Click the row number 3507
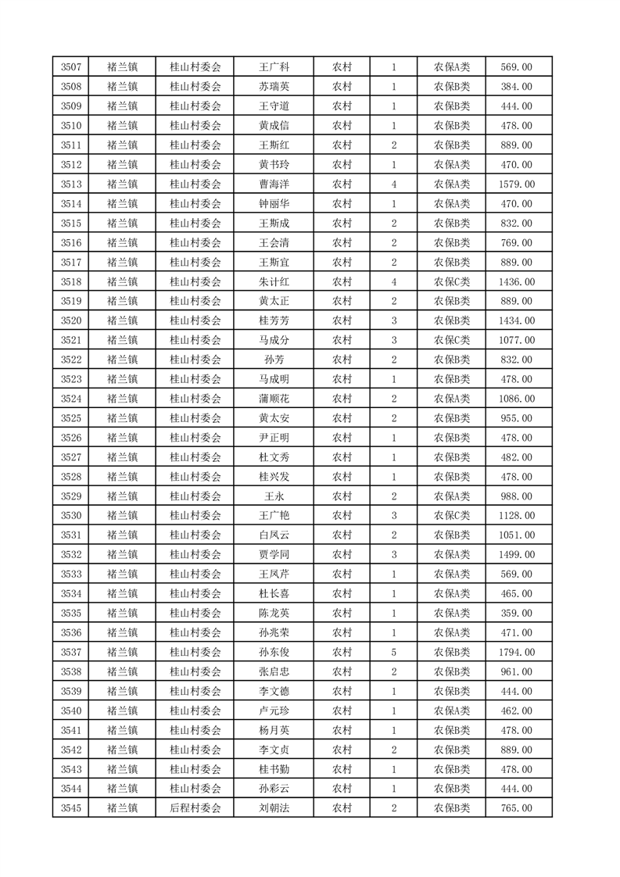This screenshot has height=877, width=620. point(70,67)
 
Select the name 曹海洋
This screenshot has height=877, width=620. point(274,184)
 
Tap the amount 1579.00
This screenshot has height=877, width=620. point(516,184)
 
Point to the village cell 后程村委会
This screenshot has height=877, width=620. point(195,808)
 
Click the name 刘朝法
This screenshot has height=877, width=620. point(274,808)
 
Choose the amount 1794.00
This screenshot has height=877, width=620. point(516,652)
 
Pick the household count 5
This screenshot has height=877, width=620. point(393,652)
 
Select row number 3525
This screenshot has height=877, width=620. point(70,418)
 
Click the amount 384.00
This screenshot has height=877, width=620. point(516,87)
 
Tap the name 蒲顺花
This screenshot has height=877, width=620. point(274,399)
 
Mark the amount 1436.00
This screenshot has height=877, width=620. point(516,281)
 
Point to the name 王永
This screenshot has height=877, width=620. point(274,496)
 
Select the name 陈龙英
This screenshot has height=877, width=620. point(274,614)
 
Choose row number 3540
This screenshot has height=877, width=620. point(70,711)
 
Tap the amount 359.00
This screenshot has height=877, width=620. point(516,614)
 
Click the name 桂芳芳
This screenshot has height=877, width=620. point(274,320)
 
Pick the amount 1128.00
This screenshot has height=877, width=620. point(516,516)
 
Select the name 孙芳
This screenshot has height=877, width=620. point(274,360)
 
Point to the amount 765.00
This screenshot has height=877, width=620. point(516,808)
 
